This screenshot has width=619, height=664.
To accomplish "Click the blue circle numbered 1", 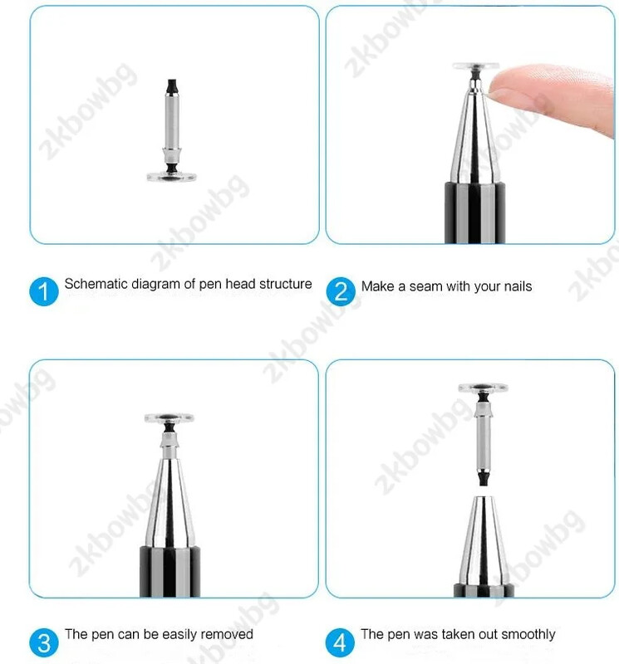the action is [x=44, y=291].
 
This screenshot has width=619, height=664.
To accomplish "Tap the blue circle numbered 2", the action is [x=341, y=291].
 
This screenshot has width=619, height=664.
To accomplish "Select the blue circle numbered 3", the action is [x=44, y=642].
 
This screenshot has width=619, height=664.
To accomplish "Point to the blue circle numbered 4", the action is [x=340, y=642].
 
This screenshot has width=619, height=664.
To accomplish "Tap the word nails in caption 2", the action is [x=518, y=286].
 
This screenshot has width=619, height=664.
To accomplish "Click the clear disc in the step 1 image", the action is [x=172, y=176].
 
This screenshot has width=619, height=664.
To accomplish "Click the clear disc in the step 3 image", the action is [x=169, y=418].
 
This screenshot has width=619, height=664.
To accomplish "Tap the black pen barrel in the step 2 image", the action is [x=475, y=212].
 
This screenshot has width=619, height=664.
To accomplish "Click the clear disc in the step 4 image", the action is [x=483, y=388].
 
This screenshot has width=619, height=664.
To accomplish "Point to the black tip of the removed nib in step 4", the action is [x=483, y=478].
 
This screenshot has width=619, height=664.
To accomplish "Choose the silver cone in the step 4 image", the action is [x=484, y=540].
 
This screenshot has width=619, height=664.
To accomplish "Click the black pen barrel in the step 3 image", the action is [x=169, y=572].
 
